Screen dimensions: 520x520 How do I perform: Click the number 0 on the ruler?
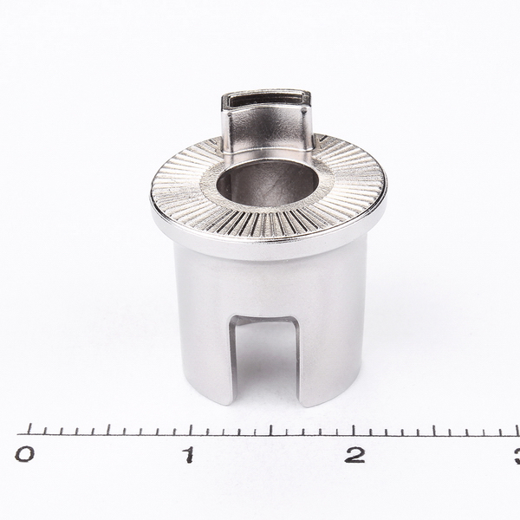24,454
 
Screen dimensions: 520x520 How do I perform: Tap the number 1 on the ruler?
189,454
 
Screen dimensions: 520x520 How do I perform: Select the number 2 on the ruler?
354,454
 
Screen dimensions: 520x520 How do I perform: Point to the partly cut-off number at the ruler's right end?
517,455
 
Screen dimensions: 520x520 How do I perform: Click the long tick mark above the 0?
29,429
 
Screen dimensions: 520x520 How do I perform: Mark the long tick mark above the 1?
191,429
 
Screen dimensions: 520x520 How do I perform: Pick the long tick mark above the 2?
353,430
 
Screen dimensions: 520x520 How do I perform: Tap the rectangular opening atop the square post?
265,100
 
